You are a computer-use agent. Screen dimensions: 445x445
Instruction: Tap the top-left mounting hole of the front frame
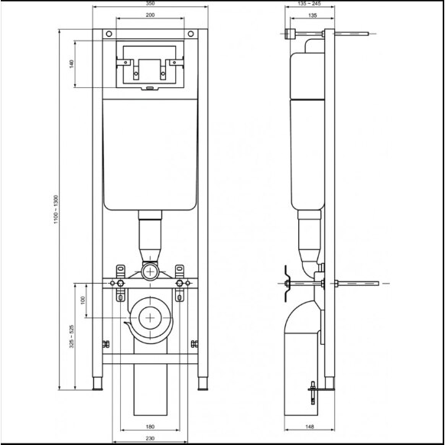pos(108,34)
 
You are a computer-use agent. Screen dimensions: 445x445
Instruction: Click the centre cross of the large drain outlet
pos(151,317)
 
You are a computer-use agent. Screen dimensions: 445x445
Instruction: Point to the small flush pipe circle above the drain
pos(150,271)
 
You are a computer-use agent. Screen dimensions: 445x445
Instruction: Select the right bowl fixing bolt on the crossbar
pos(180,284)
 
